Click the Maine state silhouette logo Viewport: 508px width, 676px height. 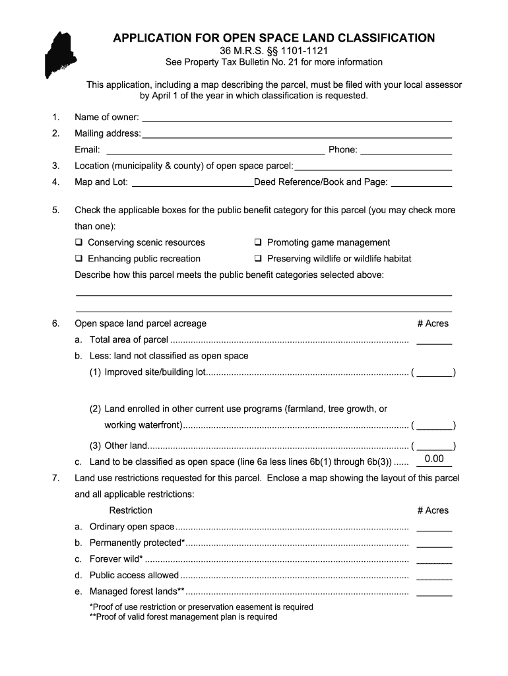tap(60, 55)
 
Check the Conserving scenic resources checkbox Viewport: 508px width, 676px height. tap(79, 243)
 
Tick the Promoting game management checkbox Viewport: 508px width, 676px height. tap(259, 243)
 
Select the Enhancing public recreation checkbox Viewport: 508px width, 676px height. tap(79, 259)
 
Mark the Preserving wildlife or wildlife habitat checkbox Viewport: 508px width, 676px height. tap(259, 259)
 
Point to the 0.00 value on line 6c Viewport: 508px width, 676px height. tap(434, 459)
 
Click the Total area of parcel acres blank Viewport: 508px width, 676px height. tap(434, 341)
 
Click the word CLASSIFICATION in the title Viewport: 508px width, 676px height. tap(381, 38)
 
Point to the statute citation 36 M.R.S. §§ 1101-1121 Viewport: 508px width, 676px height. tap(273, 51)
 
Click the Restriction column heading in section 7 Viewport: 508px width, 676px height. tap(131, 510)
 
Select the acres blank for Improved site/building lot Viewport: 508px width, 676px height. tap(435, 373)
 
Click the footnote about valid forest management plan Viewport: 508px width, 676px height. tap(183, 617)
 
